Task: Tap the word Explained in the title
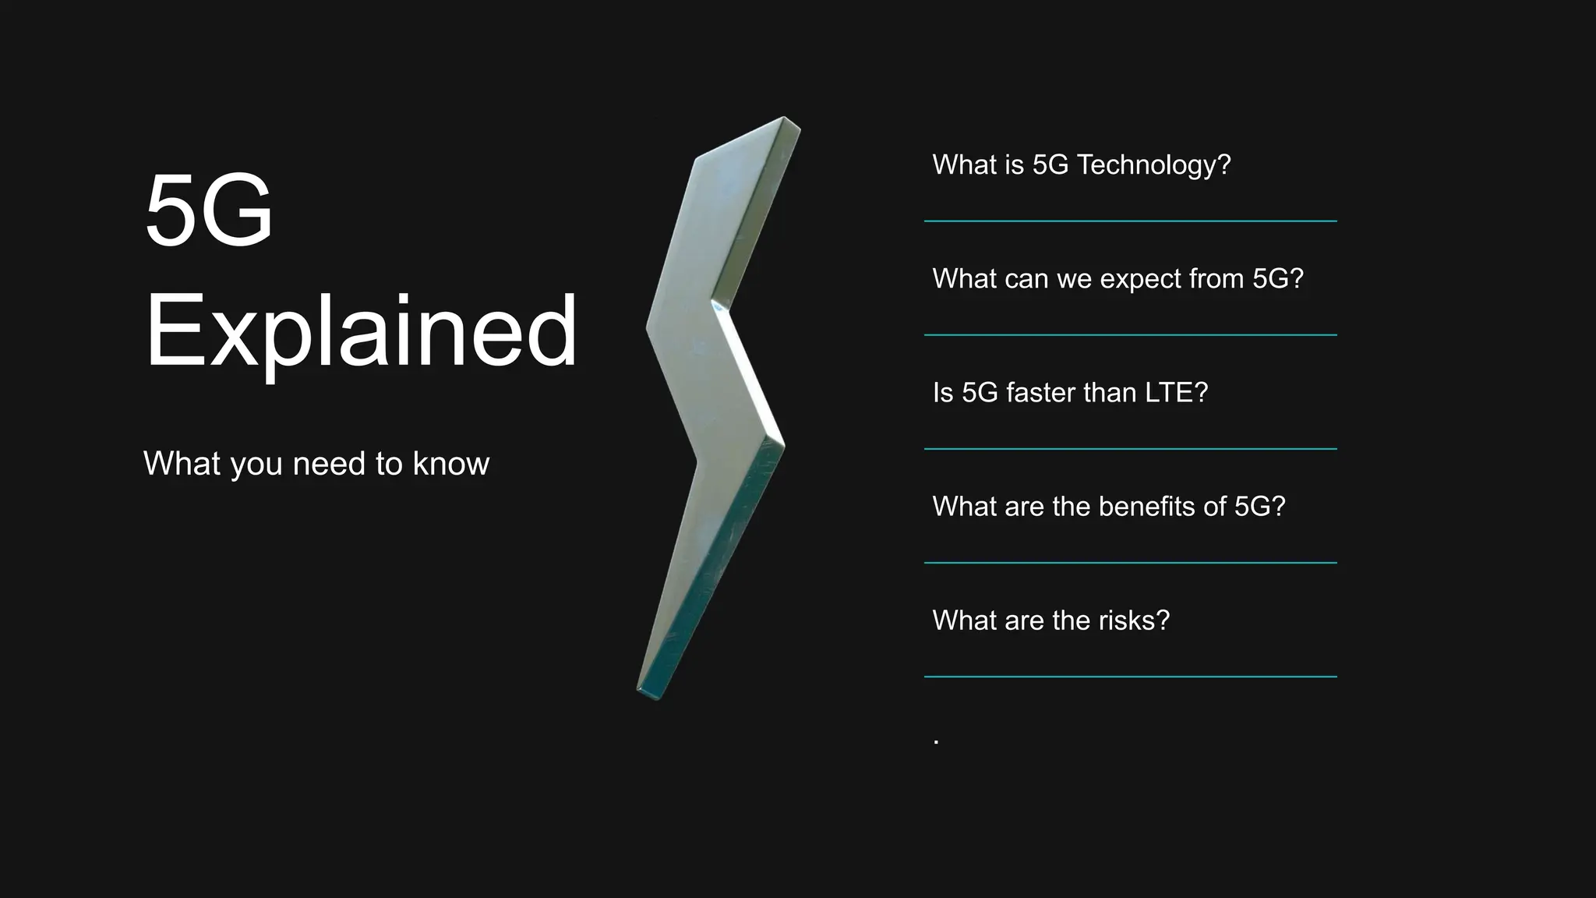tap(361, 331)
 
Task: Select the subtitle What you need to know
tap(316, 464)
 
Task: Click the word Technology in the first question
tap(1153, 165)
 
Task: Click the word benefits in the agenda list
tap(1146, 507)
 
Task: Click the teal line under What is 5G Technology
tap(1130, 221)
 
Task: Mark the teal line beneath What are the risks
tap(1130, 677)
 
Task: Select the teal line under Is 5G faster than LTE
tap(1130, 449)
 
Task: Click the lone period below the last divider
tap(936, 742)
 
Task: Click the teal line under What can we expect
tap(1130, 335)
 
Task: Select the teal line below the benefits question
tap(1130, 563)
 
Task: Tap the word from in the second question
tap(1216, 279)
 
